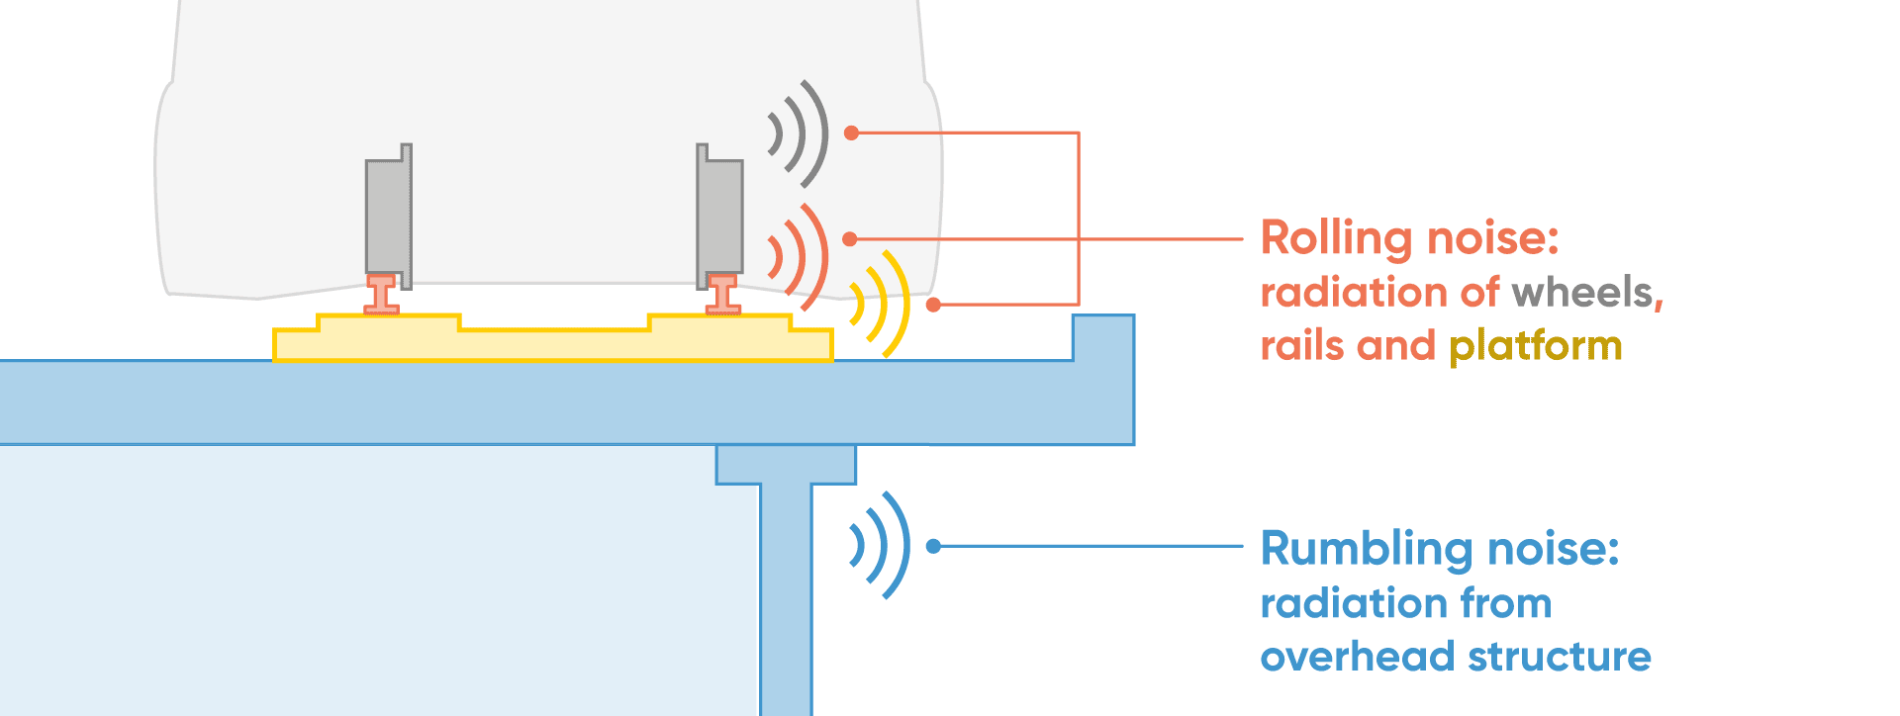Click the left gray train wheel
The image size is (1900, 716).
388,216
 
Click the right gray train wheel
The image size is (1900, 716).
719,216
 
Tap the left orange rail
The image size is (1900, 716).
381,295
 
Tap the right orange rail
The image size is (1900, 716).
723,295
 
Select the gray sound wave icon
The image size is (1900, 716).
799,134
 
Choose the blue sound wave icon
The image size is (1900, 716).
879,545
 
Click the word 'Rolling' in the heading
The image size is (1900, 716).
1336,238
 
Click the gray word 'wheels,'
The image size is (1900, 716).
1587,293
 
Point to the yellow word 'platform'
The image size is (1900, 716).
1535,346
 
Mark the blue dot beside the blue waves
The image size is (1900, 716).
933,546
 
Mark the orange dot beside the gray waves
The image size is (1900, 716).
851,133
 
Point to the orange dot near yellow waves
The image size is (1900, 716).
933,305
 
